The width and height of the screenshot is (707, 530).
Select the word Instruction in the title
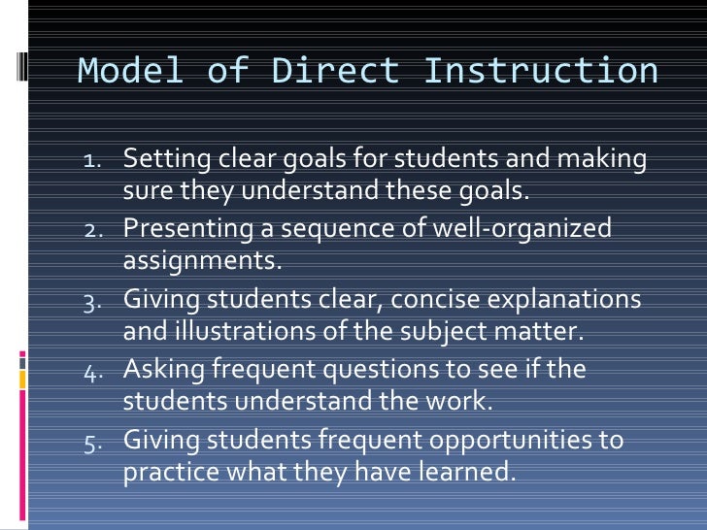[541, 71]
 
